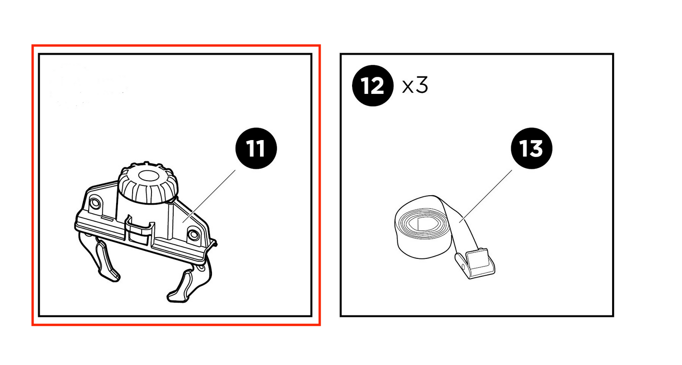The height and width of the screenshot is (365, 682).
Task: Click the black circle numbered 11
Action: coord(256,149)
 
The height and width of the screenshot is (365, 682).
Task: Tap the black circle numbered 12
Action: coord(373,86)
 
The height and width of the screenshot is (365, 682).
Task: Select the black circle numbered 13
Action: coord(531,149)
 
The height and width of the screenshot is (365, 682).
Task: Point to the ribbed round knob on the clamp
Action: coord(148,183)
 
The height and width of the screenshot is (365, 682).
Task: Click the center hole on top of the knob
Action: coord(148,175)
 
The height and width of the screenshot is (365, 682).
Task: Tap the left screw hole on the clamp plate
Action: coord(95,203)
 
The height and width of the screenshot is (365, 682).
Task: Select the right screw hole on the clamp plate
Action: coord(194,235)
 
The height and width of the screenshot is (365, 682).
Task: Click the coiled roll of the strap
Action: coord(423,227)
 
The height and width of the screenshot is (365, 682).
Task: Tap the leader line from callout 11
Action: coord(209,197)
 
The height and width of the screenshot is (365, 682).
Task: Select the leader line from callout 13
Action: coord(486,197)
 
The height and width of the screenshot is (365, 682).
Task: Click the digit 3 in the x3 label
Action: coord(421,85)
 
